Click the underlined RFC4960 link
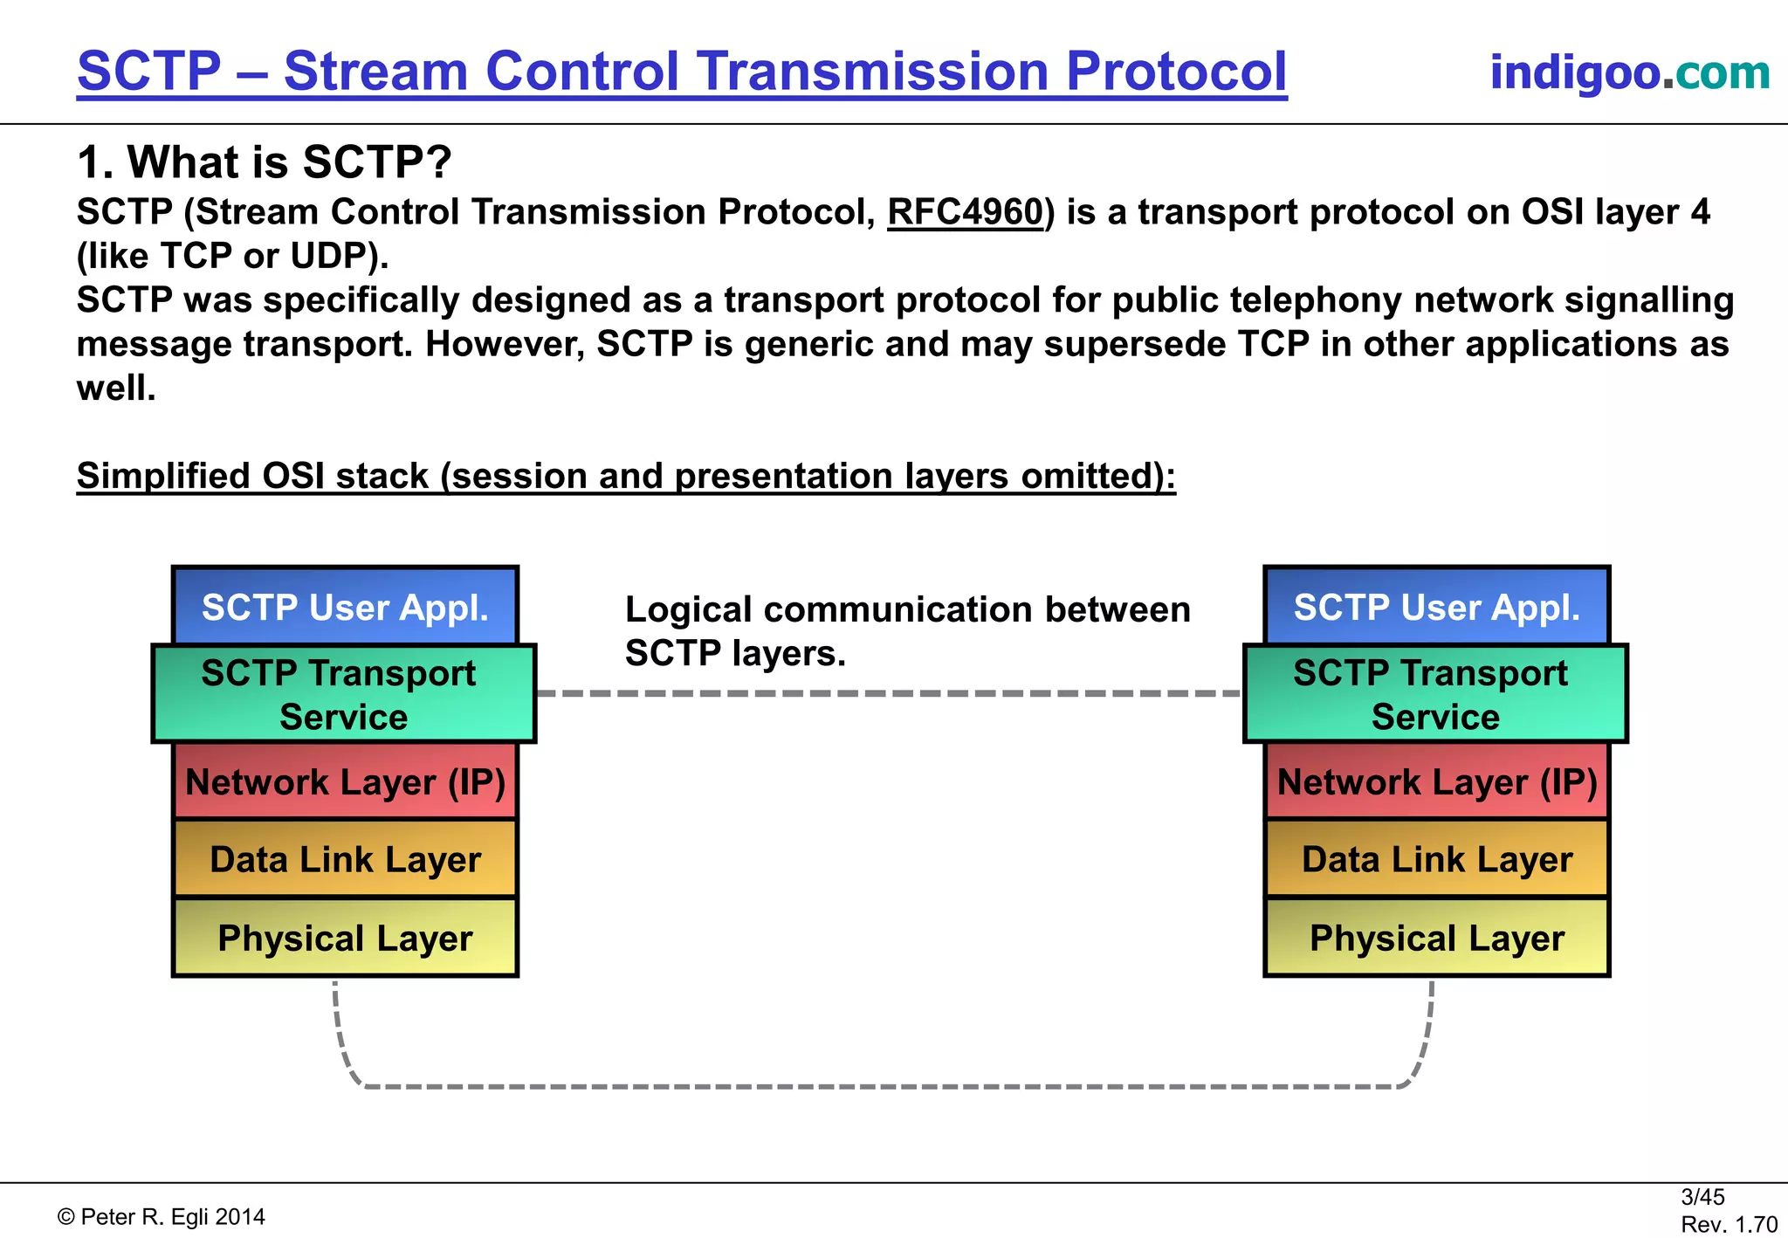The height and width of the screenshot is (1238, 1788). click(x=965, y=212)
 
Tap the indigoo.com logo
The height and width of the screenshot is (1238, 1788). click(x=1629, y=72)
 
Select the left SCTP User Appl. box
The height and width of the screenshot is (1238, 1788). click(x=345, y=607)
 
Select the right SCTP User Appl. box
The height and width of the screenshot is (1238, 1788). click(x=1436, y=607)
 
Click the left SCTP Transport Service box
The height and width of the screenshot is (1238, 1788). click(x=343, y=694)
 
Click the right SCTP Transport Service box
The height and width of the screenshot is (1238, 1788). click(x=1435, y=694)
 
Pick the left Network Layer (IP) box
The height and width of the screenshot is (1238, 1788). click(x=345, y=781)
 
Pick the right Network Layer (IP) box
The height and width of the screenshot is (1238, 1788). click(x=1436, y=781)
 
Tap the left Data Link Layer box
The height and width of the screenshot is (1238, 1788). click(x=345, y=859)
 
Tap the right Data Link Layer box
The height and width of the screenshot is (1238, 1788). click(x=1436, y=859)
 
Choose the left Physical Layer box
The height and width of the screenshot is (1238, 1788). click(x=345, y=938)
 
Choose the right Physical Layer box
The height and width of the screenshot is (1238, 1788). click(x=1436, y=938)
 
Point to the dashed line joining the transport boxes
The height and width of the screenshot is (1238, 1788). click(x=888, y=693)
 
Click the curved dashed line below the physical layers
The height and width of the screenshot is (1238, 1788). click(x=882, y=1086)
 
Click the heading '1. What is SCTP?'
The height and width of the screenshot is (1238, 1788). click(x=264, y=162)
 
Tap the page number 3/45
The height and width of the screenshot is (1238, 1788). click(x=1702, y=1196)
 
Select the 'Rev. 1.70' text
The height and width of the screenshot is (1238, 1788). click(x=1728, y=1224)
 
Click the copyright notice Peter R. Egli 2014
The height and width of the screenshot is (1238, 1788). click(x=162, y=1216)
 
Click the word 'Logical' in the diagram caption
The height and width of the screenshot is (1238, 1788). click(x=688, y=609)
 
